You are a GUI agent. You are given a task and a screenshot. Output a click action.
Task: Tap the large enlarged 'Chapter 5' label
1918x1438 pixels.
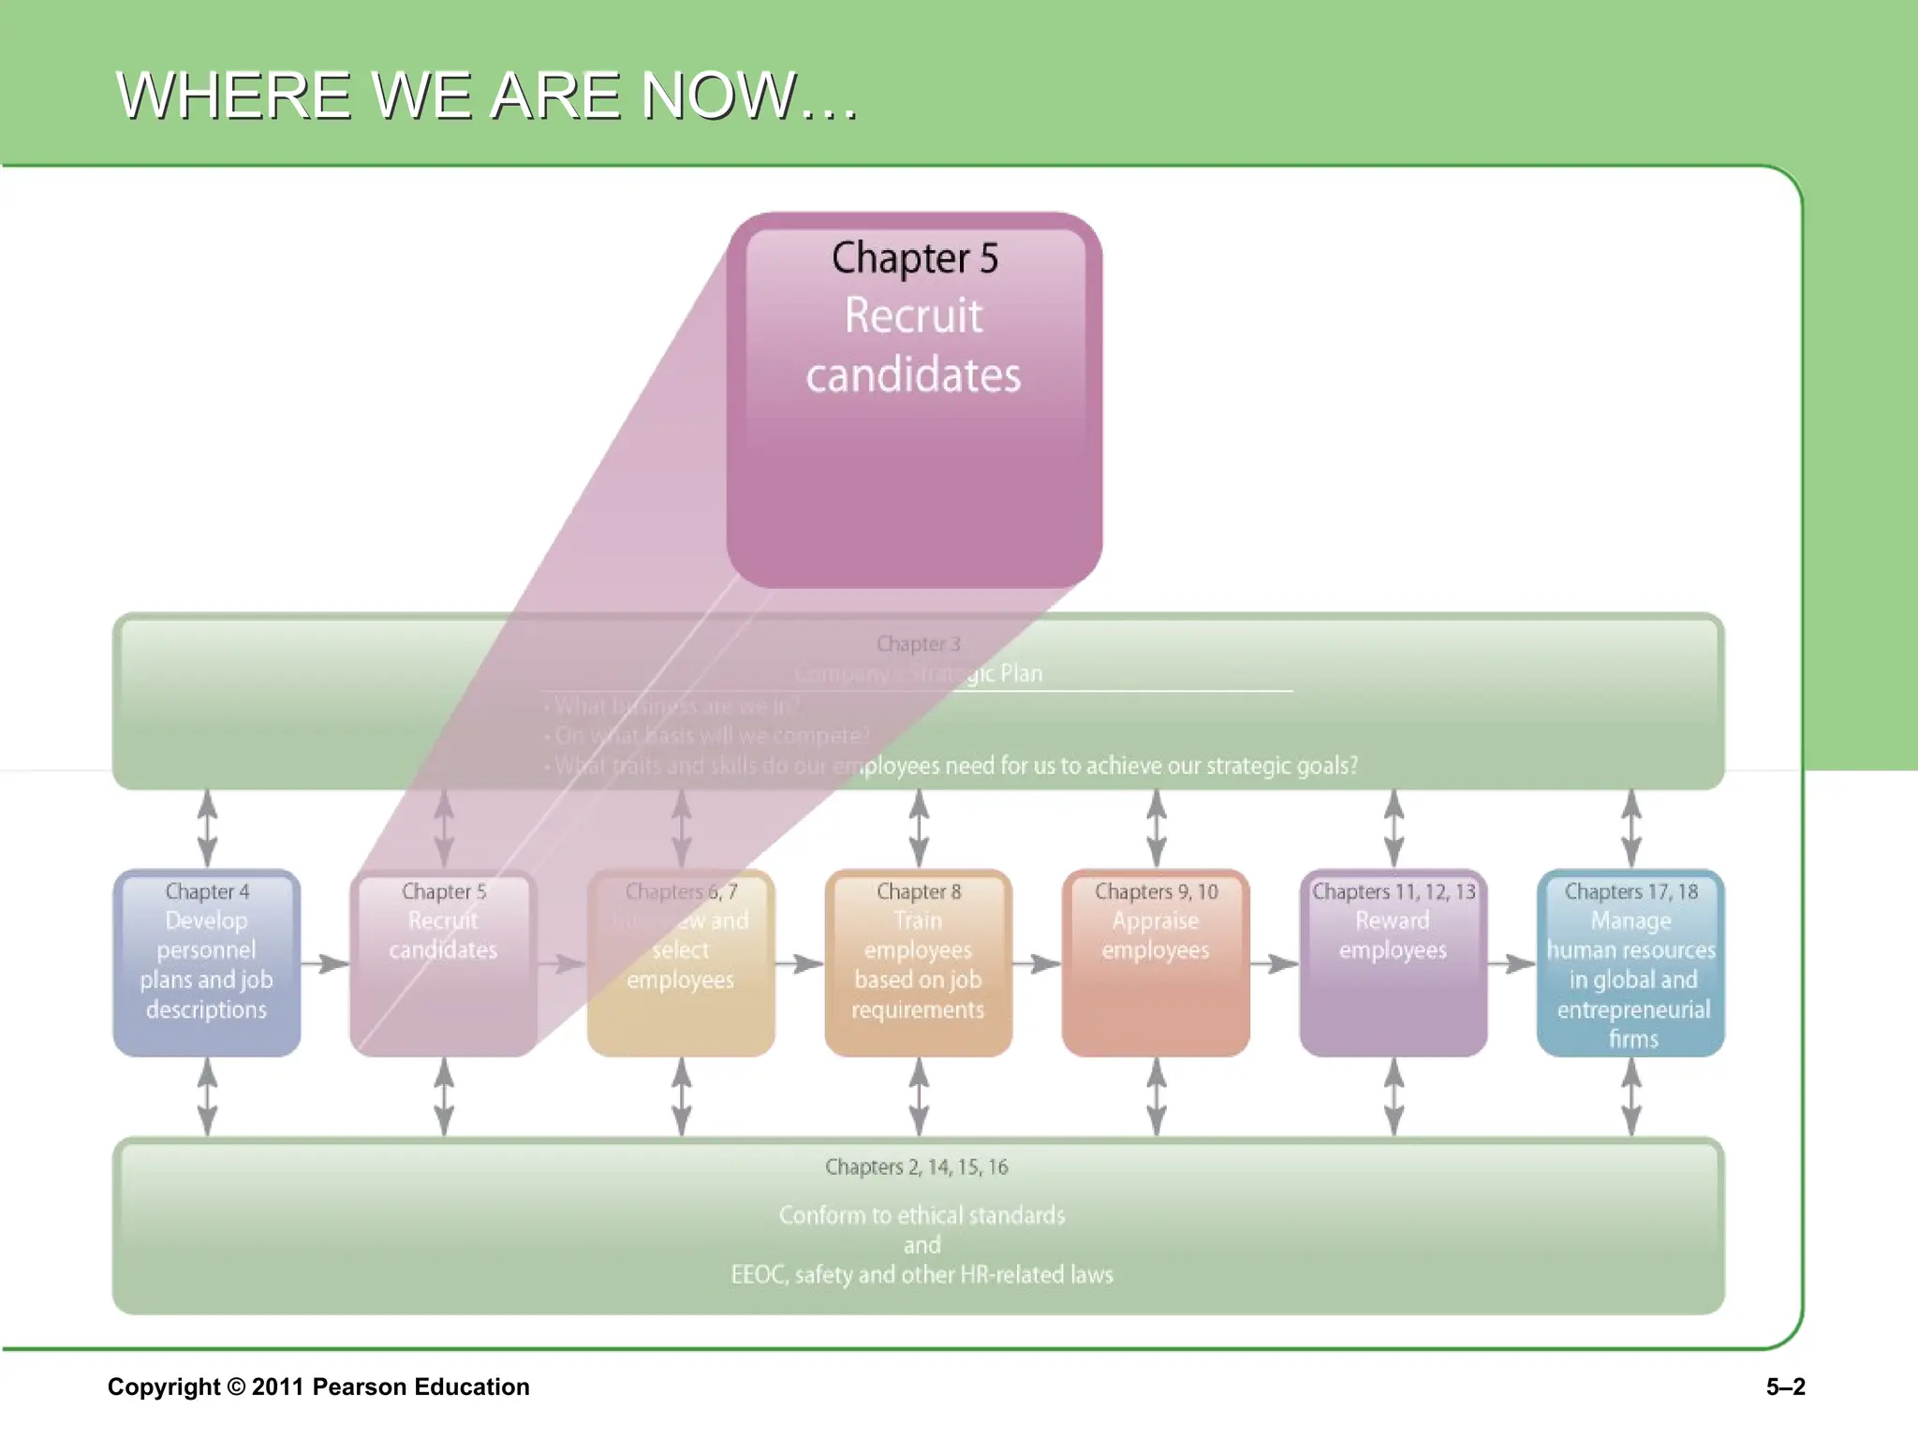point(915,258)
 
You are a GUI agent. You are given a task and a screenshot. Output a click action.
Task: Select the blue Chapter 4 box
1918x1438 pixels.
point(207,963)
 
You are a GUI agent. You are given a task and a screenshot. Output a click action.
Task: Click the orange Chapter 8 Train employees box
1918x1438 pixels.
point(919,963)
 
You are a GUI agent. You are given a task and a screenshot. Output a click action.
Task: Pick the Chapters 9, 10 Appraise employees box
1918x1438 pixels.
point(1156,963)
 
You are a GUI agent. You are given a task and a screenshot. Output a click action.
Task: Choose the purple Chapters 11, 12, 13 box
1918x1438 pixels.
point(1394,963)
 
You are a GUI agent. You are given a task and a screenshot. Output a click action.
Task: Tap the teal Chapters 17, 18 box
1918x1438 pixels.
point(1630,963)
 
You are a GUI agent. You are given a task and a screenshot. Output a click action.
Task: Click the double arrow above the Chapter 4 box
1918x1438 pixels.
point(207,829)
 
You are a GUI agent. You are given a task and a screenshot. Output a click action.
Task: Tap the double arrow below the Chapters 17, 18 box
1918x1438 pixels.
point(1631,1096)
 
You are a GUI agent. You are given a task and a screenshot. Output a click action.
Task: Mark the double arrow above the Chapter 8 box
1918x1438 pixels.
point(920,829)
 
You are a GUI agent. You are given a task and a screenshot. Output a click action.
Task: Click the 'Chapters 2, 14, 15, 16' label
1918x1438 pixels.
point(917,1167)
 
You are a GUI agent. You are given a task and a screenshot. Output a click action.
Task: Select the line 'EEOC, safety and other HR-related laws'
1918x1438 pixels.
point(922,1275)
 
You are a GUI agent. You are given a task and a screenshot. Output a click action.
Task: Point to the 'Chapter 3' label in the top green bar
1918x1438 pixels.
point(919,644)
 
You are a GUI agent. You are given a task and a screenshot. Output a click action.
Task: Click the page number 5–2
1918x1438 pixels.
point(1785,1387)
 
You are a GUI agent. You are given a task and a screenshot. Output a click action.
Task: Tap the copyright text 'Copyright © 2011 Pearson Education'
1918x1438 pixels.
point(318,1387)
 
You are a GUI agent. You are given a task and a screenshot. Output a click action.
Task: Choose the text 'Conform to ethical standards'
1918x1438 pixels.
point(922,1215)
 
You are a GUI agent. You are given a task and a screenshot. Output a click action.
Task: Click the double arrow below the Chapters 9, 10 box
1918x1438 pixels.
point(1157,1096)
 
